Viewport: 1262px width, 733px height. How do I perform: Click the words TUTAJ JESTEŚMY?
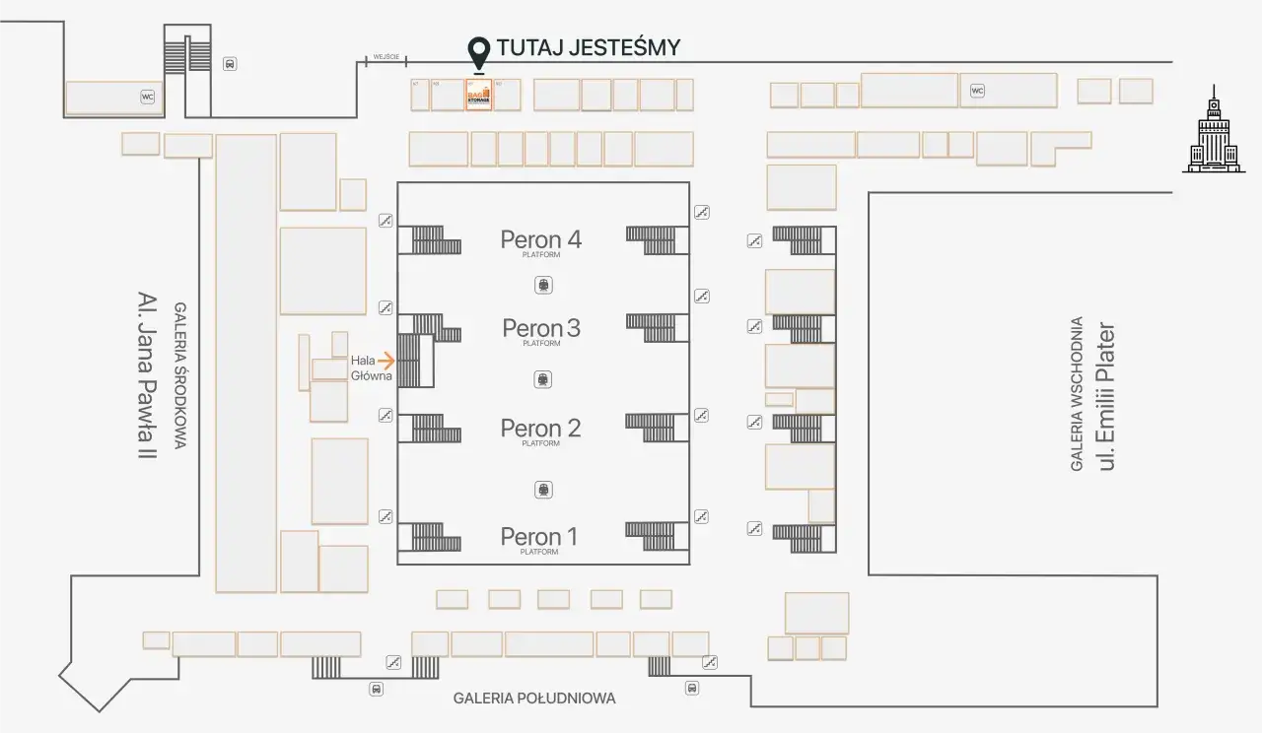pyautogui.click(x=589, y=47)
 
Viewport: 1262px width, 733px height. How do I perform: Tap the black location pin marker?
pyautogui.click(x=479, y=51)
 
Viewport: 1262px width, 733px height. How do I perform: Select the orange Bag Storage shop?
pyautogui.click(x=479, y=96)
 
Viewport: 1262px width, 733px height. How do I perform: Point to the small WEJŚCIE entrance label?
pyautogui.click(x=385, y=57)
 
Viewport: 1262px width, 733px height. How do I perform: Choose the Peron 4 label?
pyautogui.click(x=540, y=239)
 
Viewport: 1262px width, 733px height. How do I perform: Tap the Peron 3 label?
pyautogui.click(x=541, y=327)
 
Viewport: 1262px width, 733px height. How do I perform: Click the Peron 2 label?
pyautogui.click(x=540, y=428)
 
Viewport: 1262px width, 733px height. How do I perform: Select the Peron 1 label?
pyautogui.click(x=538, y=536)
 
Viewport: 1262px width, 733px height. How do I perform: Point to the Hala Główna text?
pyautogui.click(x=371, y=368)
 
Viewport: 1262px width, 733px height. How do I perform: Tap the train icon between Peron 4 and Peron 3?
pyautogui.click(x=542, y=285)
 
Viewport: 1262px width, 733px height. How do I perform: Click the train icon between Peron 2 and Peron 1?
pyautogui.click(x=542, y=490)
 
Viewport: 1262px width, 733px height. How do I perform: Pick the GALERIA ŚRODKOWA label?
pyautogui.click(x=180, y=375)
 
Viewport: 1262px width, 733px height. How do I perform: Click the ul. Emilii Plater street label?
pyautogui.click(x=1106, y=395)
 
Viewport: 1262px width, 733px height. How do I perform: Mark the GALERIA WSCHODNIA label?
pyautogui.click(x=1077, y=393)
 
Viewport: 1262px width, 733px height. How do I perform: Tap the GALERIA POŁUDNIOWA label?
pyautogui.click(x=534, y=699)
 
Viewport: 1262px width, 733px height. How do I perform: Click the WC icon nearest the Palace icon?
pyautogui.click(x=977, y=91)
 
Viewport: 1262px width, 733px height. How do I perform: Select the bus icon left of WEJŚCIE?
pyautogui.click(x=230, y=64)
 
